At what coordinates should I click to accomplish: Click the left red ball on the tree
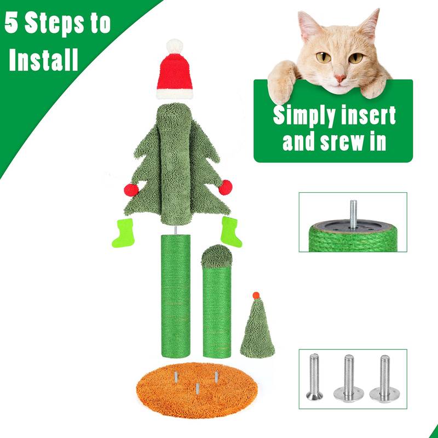(x=131, y=189)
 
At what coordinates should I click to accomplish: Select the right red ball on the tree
(x=225, y=188)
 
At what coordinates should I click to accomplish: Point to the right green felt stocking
(x=231, y=231)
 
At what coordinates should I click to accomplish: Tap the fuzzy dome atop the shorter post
(x=216, y=256)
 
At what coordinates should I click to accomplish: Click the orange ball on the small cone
(x=256, y=296)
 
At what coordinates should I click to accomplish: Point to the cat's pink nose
(x=341, y=78)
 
